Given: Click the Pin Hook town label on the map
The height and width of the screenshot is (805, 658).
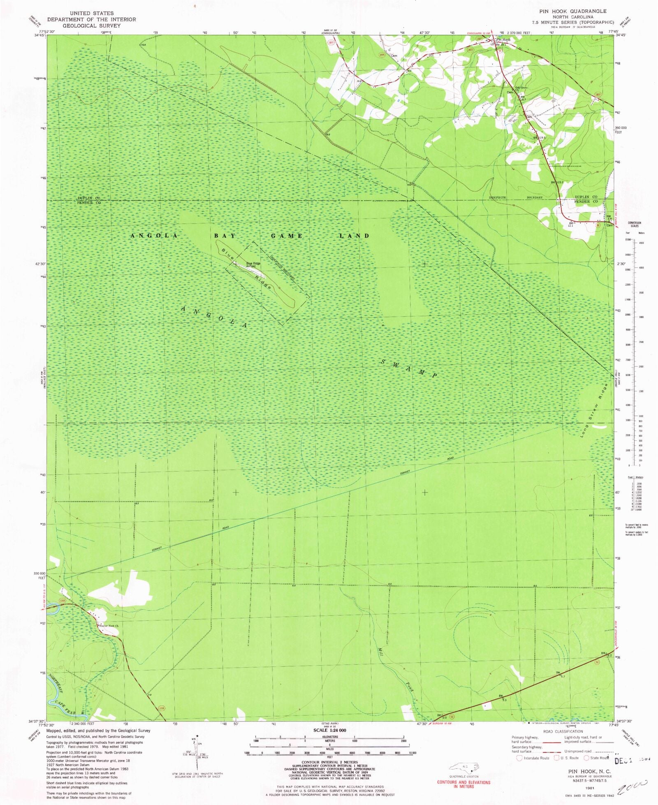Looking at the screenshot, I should click(x=503, y=40).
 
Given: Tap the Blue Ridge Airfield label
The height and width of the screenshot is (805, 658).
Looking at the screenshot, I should click(x=253, y=265).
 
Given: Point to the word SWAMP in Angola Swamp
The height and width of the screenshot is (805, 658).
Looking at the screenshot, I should click(x=408, y=368).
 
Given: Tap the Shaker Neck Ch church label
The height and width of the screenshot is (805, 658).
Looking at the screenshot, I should click(x=109, y=627).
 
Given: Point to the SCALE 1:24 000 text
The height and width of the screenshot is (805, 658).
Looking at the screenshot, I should click(x=329, y=730).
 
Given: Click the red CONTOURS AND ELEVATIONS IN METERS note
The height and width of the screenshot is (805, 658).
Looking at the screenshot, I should click(x=463, y=784).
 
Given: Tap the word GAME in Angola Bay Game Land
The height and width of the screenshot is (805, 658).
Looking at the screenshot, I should click(x=287, y=236).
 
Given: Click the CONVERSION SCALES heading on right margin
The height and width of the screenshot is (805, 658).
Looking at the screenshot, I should click(x=635, y=224).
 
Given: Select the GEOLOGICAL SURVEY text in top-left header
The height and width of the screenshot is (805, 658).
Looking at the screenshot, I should click(x=91, y=25).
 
